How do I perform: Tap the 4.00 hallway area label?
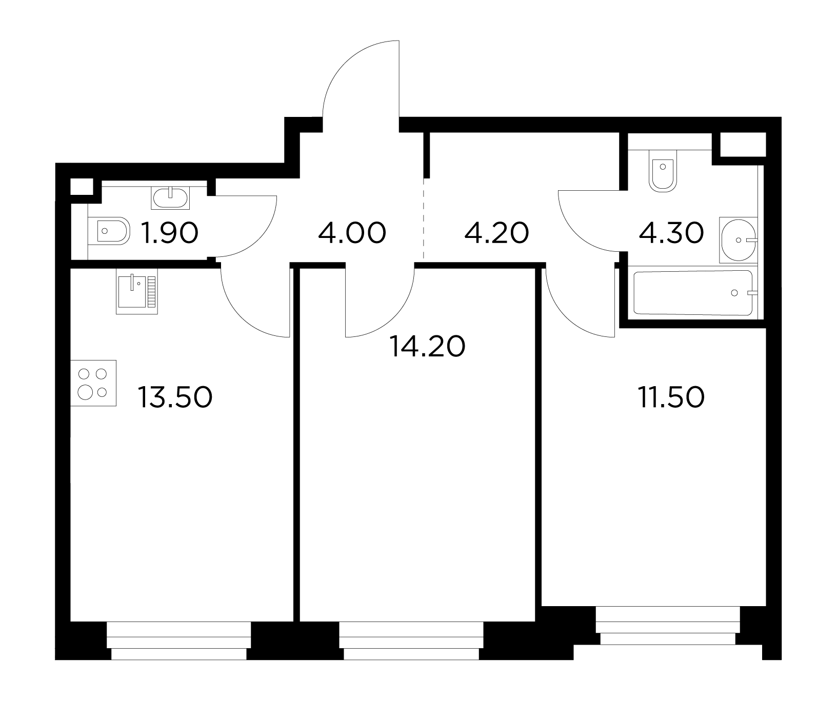coord(352,234)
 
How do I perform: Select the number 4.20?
coord(496,234)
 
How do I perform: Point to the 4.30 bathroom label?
coord(671,234)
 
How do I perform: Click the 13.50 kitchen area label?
coord(175,397)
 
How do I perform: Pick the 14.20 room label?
coord(427,347)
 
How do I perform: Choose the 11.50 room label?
coord(671,397)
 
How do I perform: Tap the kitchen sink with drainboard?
coord(136,291)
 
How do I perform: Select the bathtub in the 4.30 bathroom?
coord(693,293)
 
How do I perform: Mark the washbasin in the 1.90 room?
coord(170,197)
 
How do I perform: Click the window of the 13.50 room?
coord(179,642)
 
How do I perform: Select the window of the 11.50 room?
coord(668,626)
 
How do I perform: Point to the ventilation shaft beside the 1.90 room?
coord(81,186)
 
